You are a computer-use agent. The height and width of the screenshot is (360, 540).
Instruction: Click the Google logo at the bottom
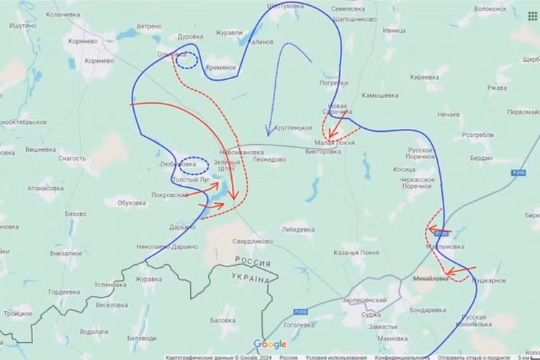[x=270, y=345]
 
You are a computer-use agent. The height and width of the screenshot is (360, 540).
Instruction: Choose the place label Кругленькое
[x=293, y=127]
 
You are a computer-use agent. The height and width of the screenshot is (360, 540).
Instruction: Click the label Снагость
[x=72, y=158]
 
